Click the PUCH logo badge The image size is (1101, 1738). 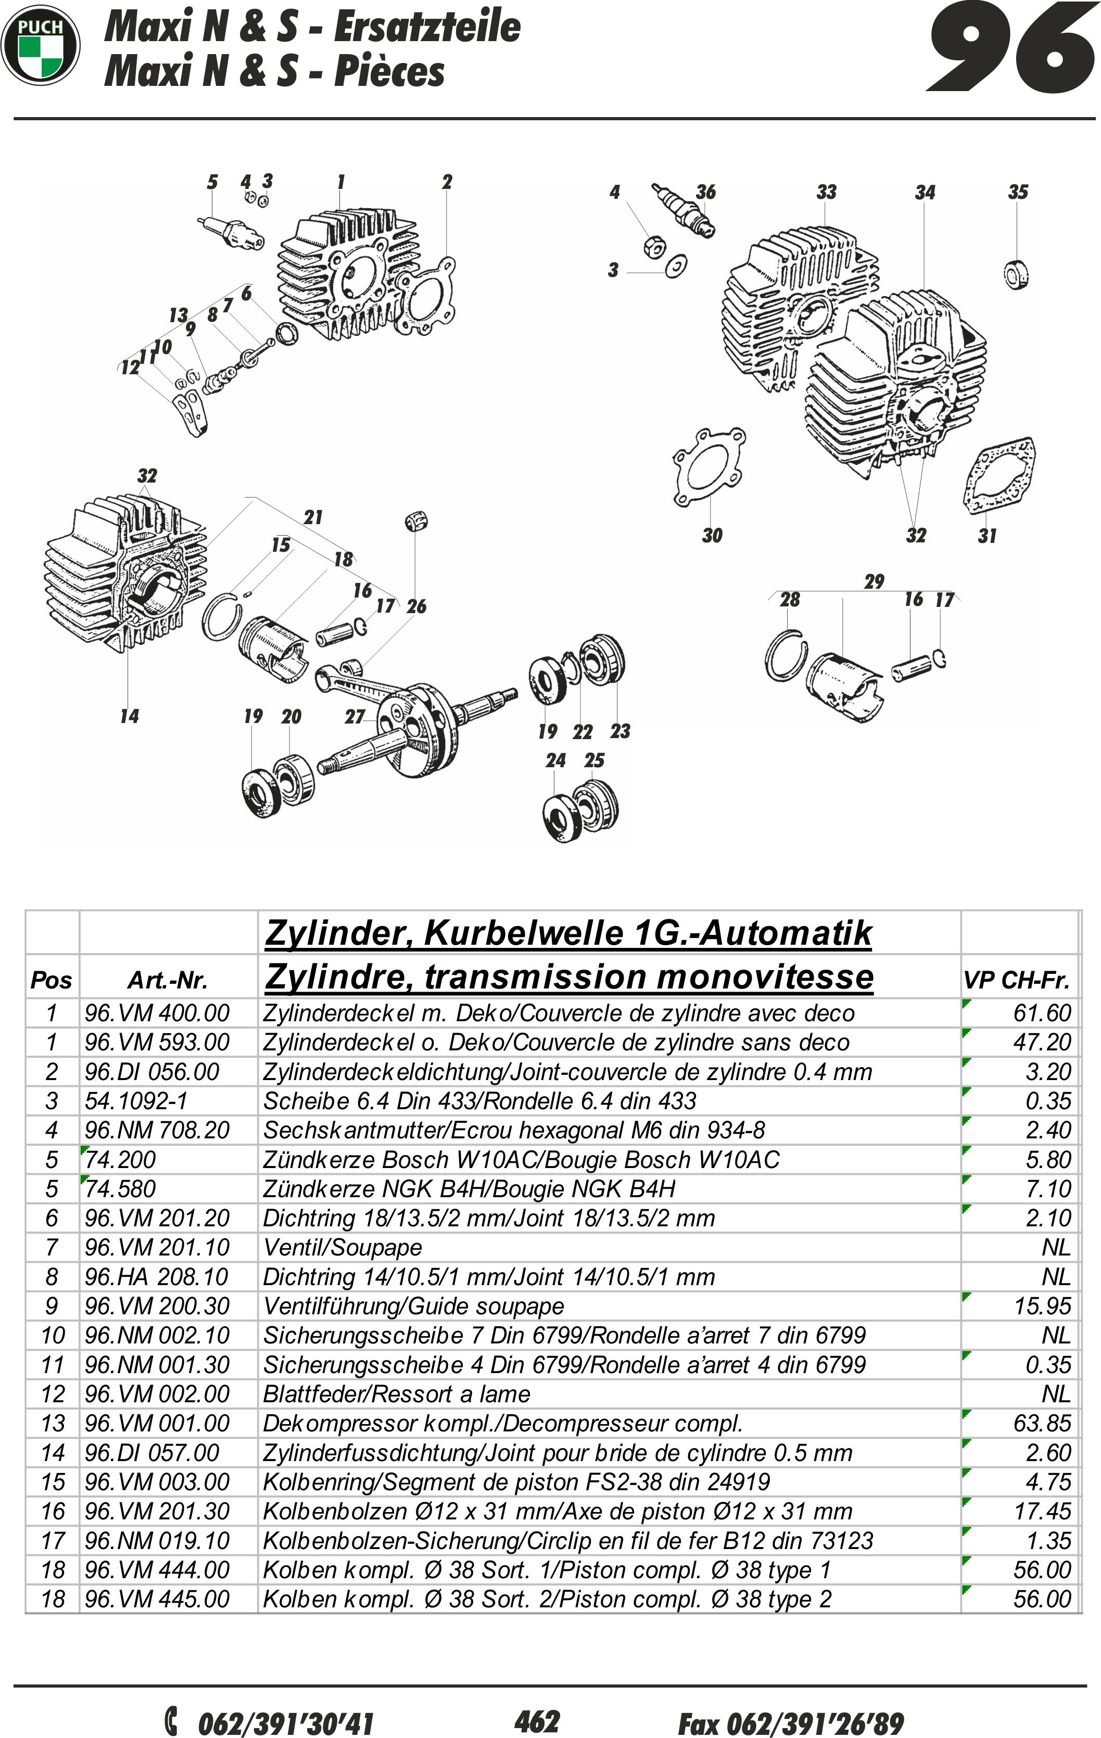click(x=41, y=45)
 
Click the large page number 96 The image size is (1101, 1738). click(x=1011, y=49)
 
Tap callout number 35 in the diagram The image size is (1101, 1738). click(x=1017, y=192)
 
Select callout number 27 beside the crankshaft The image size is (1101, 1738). click(x=355, y=717)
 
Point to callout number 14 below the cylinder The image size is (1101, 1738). click(x=129, y=716)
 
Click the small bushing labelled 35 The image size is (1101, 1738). click(x=1017, y=274)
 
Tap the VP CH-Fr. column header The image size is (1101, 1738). click(x=1016, y=980)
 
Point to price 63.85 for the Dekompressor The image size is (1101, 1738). click(x=1041, y=1423)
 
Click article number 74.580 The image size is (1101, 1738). click(x=121, y=1189)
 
